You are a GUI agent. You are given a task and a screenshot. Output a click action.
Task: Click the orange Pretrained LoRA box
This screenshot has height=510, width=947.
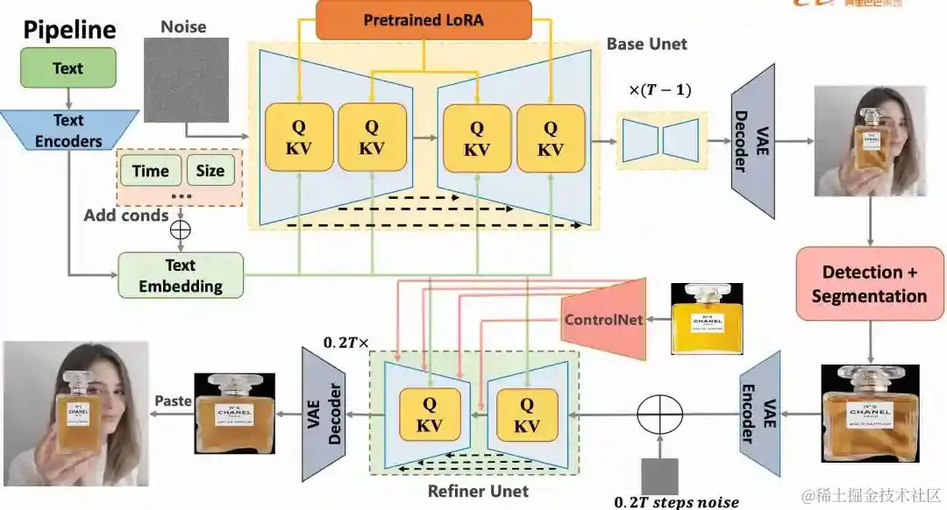coord(424,19)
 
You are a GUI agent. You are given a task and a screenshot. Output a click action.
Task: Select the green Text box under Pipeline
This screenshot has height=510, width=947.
coord(68,68)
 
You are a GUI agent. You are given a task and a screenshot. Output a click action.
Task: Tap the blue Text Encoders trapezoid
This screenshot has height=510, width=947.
coord(68,131)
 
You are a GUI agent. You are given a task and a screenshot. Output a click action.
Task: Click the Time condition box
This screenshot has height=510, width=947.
coord(150,171)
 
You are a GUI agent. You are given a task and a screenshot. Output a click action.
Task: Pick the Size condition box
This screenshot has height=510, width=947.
coord(210,171)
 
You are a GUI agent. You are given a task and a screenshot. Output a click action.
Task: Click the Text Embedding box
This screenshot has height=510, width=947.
coord(181,275)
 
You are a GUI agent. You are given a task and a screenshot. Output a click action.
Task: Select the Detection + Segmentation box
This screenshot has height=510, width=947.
coord(868,283)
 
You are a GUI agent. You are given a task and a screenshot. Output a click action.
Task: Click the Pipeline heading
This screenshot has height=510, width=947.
coord(69,30)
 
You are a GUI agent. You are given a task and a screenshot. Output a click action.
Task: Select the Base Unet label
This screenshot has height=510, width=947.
coord(646,43)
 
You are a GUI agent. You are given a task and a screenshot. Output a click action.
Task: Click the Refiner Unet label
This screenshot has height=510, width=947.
coord(478,491)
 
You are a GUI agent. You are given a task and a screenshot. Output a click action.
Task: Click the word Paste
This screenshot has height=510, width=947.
coord(173,400)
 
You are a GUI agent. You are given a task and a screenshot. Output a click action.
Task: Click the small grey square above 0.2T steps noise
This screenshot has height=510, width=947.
coord(659,474)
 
